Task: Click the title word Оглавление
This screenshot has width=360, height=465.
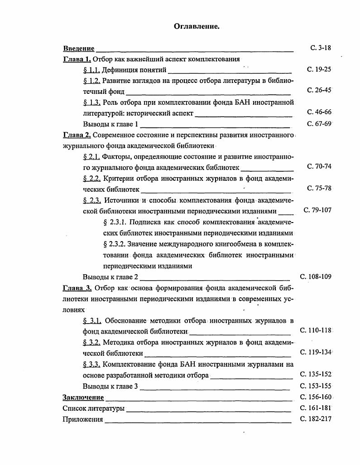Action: (x=197, y=27)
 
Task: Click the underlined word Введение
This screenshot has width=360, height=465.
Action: (x=79, y=48)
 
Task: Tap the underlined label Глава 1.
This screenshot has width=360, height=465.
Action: (x=77, y=59)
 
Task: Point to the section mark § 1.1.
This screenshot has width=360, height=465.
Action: (x=91, y=70)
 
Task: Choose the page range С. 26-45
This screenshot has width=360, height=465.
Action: (x=319, y=90)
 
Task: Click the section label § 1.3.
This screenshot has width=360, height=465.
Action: (x=91, y=102)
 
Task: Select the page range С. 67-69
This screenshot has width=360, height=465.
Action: (x=319, y=124)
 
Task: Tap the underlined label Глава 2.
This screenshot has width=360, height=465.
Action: (x=77, y=135)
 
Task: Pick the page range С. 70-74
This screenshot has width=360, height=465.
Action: (x=319, y=166)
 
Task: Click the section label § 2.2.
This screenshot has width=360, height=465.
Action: (x=91, y=179)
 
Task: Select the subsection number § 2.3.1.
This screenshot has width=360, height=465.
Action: (x=115, y=222)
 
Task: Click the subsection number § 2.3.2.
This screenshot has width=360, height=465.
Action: (x=115, y=244)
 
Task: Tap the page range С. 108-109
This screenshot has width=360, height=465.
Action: (x=316, y=276)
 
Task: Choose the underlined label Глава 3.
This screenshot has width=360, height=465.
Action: (x=77, y=288)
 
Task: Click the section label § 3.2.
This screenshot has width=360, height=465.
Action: (x=91, y=343)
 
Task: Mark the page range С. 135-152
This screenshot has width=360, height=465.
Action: (x=316, y=374)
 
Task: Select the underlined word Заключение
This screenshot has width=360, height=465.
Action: (x=83, y=397)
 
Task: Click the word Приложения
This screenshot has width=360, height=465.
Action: (x=83, y=419)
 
